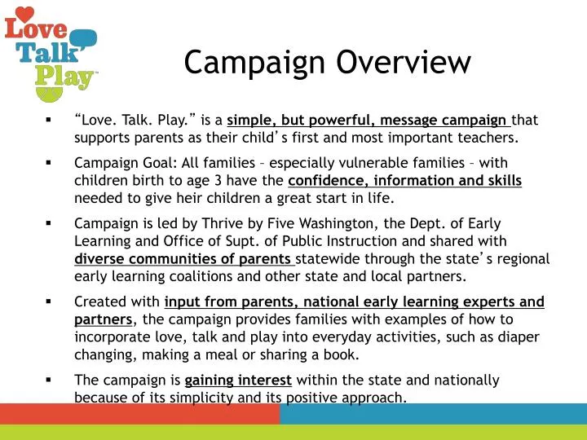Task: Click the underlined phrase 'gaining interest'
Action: [238, 381]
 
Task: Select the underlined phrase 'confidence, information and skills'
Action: [404, 180]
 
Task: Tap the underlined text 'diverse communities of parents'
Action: [183, 260]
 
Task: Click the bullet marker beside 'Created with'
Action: [49, 302]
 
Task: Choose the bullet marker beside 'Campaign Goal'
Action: [49, 161]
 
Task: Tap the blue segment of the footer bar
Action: [433, 414]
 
